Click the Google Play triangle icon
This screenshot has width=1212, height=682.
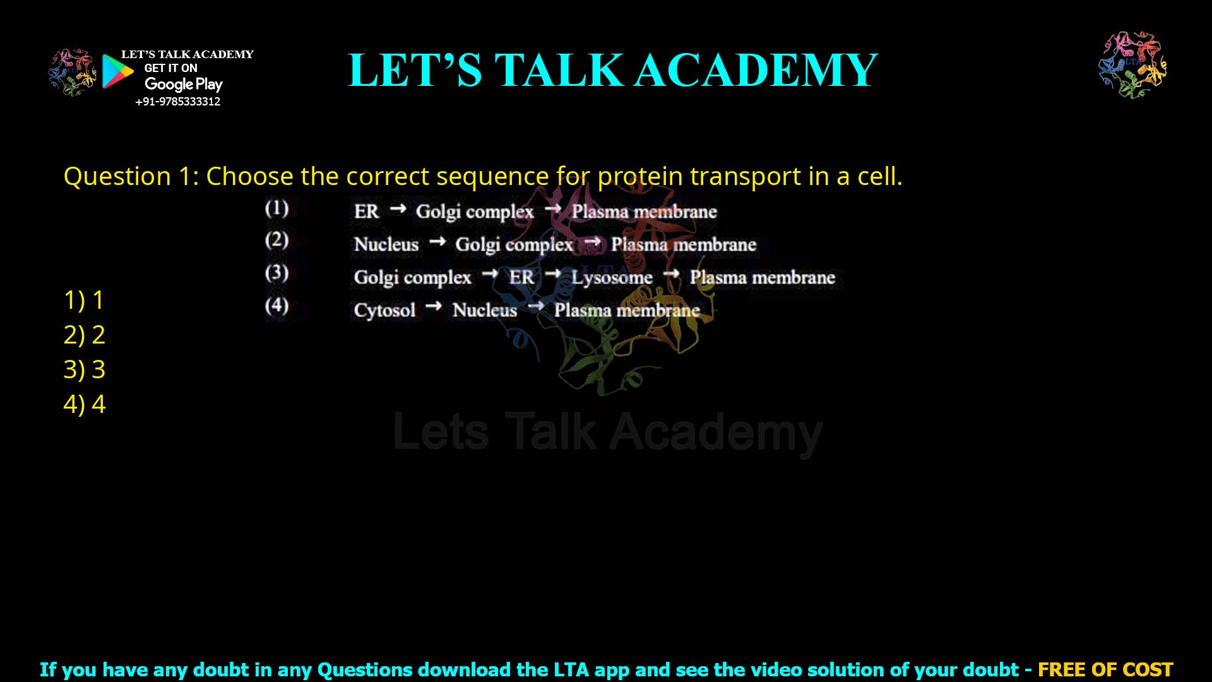(x=117, y=71)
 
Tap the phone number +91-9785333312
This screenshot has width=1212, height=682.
(x=177, y=102)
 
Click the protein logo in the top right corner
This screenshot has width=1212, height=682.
(x=1132, y=65)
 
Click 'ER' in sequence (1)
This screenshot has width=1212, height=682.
(x=367, y=212)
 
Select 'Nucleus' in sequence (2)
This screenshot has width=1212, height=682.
(x=386, y=244)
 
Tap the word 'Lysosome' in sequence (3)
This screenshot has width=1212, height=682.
(x=612, y=277)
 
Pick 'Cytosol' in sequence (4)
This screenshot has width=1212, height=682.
(x=384, y=310)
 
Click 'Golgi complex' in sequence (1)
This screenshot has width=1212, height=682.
(x=475, y=212)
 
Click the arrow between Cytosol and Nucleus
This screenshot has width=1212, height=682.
(x=434, y=306)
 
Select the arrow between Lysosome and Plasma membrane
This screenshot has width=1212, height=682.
(x=671, y=273)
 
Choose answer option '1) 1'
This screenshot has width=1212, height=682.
(x=84, y=300)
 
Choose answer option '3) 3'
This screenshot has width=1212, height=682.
(x=84, y=369)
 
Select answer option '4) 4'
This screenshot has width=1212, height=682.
(x=84, y=404)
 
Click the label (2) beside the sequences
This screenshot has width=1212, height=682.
(x=276, y=240)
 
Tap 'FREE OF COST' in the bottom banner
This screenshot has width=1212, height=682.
(x=1105, y=669)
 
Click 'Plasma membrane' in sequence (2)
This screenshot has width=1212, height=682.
(x=683, y=244)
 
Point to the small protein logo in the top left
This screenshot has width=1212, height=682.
(x=72, y=73)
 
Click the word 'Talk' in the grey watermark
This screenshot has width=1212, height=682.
(x=550, y=433)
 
